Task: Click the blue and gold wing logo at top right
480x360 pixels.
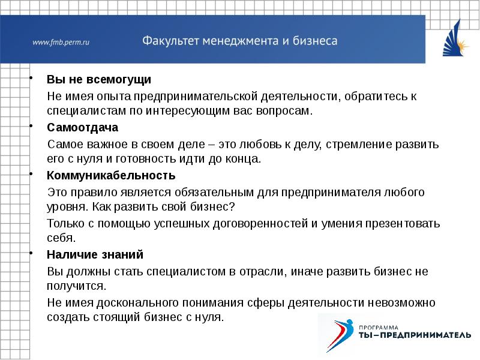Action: click(455, 40)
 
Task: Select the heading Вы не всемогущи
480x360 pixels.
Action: click(99, 80)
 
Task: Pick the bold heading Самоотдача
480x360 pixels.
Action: click(82, 128)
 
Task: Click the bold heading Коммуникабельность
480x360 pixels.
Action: click(111, 176)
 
